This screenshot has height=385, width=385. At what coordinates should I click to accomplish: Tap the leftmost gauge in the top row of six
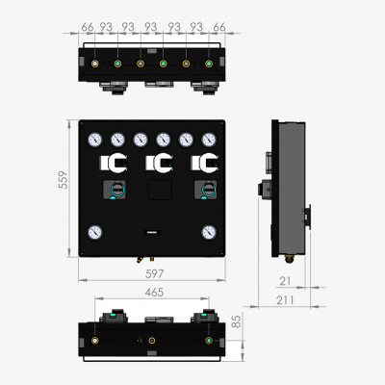[x=94, y=139]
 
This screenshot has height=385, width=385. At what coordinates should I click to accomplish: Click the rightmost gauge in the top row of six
[x=210, y=139]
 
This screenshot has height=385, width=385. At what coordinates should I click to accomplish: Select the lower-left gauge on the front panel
[x=94, y=231]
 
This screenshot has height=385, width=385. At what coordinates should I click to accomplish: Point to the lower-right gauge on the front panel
[x=210, y=231]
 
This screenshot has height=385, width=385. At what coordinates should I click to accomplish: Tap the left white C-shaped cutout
[x=115, y=163]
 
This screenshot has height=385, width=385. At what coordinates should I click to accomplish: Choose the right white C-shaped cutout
[x=204, y=163]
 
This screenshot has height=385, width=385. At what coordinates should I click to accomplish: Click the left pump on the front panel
[x=115, y=191]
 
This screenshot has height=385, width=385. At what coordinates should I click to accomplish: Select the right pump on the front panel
[x=204, y=191]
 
